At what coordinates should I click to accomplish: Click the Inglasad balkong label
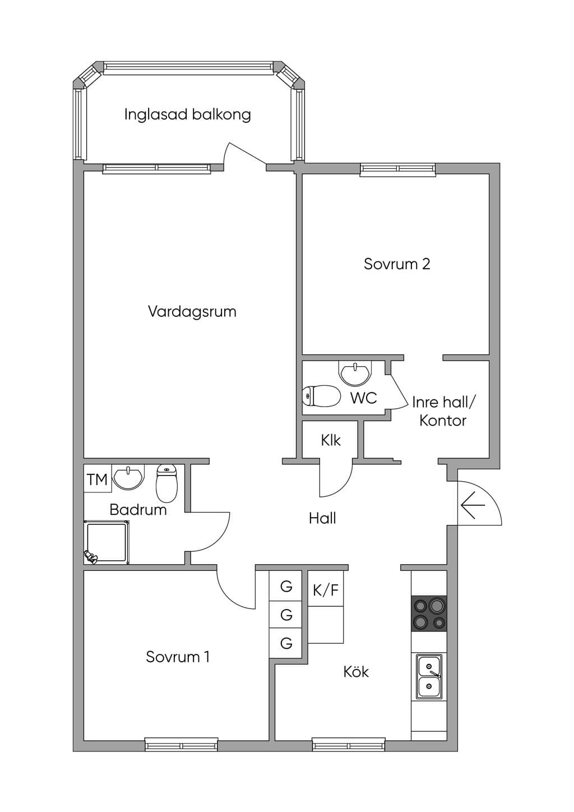point(187,114)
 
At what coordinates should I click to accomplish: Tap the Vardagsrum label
point(192,311)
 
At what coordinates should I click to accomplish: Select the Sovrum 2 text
point(397,264)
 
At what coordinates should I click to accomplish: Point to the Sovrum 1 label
point(178,657)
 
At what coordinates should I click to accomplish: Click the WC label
point(363,398)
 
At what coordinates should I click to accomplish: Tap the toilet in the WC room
point(321,396)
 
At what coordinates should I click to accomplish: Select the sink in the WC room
point(355,373)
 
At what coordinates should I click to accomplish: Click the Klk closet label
point(331,440)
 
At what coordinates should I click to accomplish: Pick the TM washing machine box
point(98,479)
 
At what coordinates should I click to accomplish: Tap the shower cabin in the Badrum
point(107,543)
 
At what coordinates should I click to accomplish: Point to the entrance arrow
point(473,505)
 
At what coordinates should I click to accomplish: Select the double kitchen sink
point(429,677)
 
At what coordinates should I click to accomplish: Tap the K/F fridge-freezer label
point(326,590)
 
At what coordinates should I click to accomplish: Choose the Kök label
point(356,672)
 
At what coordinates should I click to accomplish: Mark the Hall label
point(322,518)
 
